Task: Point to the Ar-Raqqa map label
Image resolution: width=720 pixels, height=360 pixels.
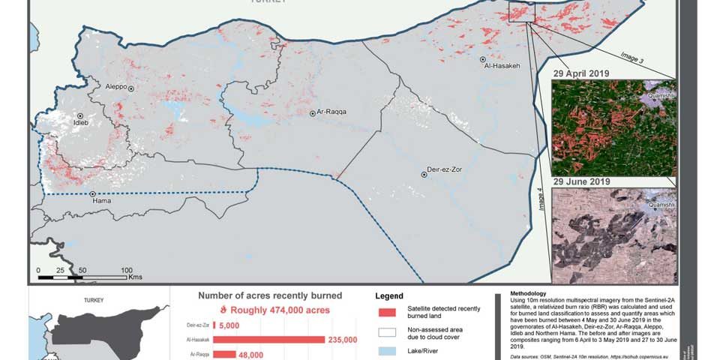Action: click(331, 112)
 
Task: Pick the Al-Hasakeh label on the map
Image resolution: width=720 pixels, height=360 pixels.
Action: click(502, 66)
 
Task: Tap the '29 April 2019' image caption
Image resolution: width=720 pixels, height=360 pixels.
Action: click(581, 73)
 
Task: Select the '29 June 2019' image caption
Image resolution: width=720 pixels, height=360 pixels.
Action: click(581, 182)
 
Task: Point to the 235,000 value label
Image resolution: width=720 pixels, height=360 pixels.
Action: click(342, 340)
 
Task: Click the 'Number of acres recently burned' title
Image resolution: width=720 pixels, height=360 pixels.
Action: click(270, 295)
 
